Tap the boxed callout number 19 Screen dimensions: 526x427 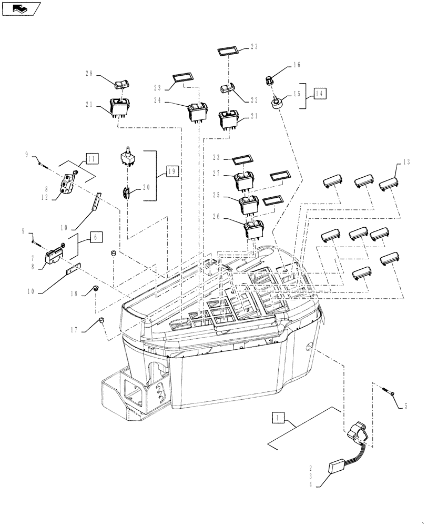[172, 171]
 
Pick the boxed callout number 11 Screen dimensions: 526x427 [92, 157]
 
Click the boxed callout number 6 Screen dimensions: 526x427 [95, 237]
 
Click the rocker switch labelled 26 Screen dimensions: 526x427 [253, 229]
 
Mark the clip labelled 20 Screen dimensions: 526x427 [126, 194]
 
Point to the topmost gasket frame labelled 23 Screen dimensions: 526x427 [229, 52]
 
